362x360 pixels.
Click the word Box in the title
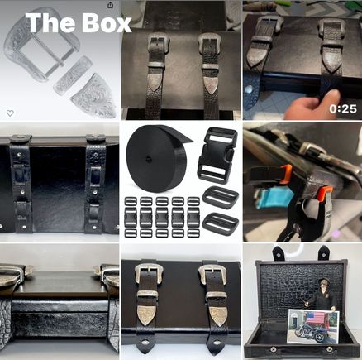coord(107,23)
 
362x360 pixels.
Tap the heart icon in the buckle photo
coord(10,113)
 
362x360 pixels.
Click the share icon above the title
coord(110,5)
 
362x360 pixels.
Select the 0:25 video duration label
coord(343,109)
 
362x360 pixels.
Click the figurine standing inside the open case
coord(324,296)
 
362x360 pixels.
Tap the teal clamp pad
coord(269,198)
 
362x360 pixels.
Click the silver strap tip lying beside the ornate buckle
coord(93,95)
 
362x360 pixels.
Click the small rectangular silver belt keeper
coord(73,74)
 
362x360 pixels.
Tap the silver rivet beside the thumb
coord(249,89)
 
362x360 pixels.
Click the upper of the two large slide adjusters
coord(221,196)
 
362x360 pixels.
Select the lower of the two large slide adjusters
coord(221,223)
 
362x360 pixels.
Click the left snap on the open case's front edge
coord(273,349)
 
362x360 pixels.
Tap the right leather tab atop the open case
coord(324,252)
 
